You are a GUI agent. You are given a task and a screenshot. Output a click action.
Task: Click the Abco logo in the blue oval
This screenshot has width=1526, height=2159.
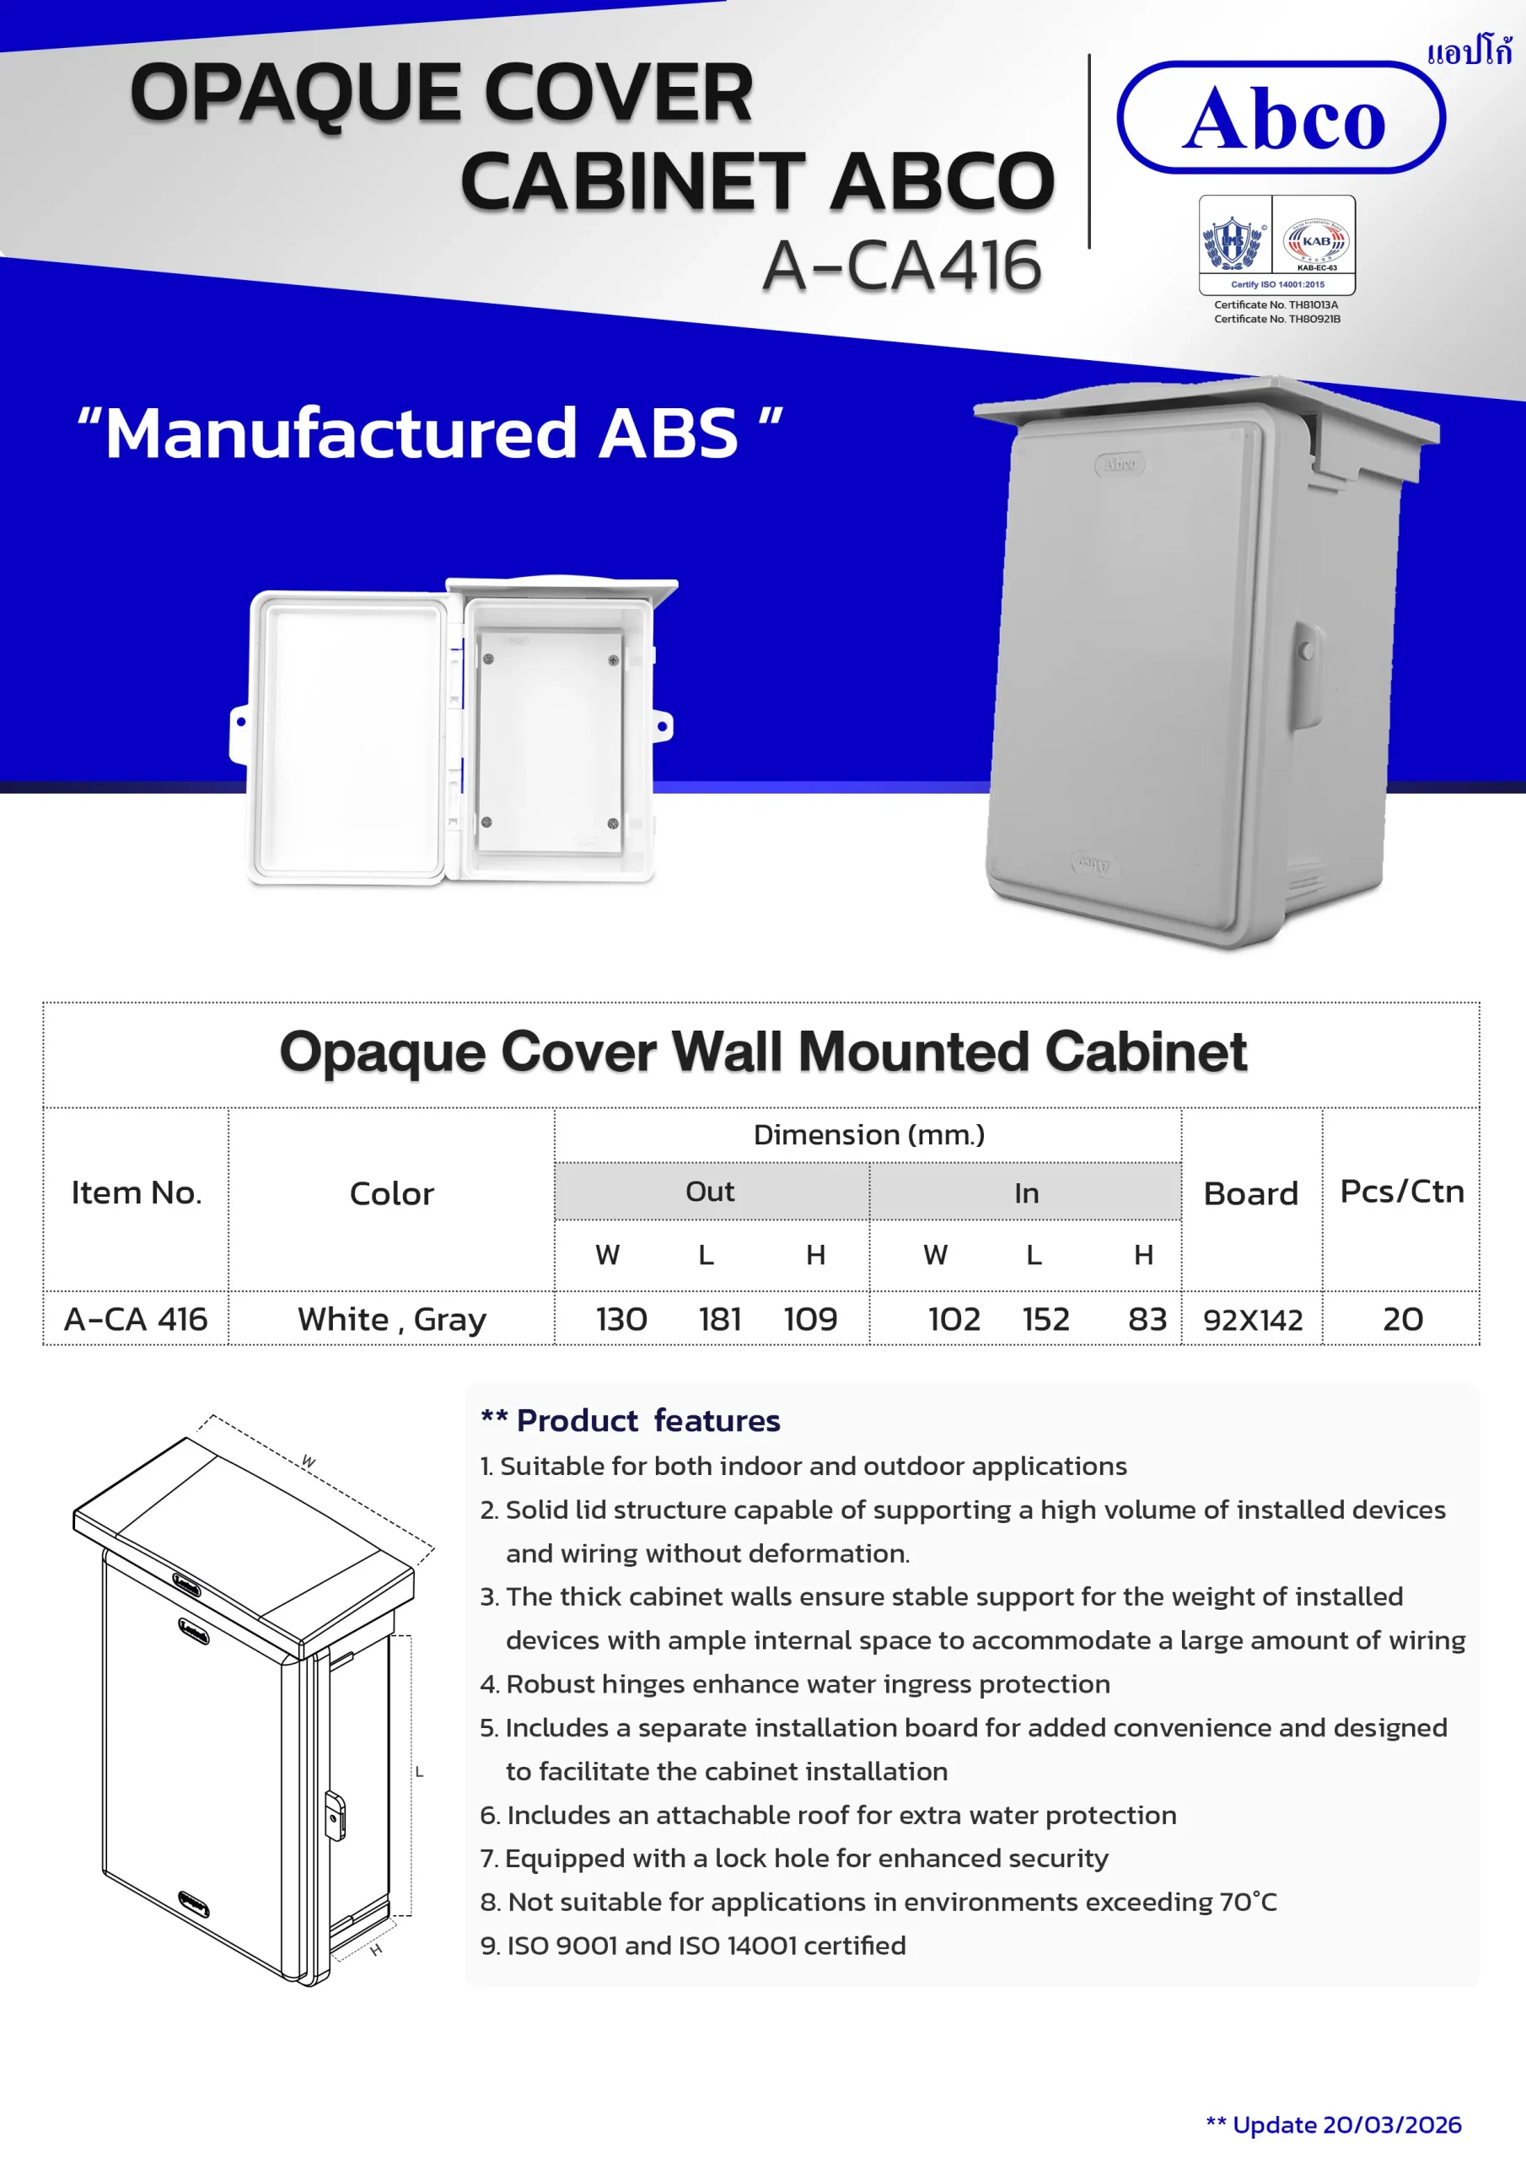click(1281, 118)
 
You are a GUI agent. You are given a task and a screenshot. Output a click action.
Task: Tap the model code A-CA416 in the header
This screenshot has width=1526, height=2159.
click(901, 267)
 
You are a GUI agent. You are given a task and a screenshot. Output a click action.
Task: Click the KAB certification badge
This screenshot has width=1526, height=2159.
click(1316, 243)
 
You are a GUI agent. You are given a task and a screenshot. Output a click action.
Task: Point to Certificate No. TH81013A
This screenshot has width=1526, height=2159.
click(1276, 304)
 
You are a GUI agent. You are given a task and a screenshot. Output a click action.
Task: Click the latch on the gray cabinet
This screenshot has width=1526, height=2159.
click(1306, 649)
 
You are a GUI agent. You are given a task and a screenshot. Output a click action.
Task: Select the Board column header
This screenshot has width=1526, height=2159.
click(1250, 1193)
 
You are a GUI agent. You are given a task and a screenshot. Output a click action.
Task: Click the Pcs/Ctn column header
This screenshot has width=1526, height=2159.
click(1401, 1192)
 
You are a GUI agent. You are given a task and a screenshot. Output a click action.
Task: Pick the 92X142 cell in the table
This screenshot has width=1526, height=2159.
click(1252, 1320)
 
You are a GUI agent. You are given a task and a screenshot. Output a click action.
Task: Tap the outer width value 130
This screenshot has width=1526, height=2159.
click(621, 1319)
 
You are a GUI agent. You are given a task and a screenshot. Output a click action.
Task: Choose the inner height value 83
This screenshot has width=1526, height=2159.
click(1147, 1319)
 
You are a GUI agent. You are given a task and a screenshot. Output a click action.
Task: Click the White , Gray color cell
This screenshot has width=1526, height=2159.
click(392, 1319)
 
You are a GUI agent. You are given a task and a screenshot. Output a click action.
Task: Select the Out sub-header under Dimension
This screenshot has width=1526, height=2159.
click(710, 1192)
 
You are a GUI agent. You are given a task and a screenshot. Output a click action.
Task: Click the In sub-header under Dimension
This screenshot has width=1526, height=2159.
click(1026, 1193)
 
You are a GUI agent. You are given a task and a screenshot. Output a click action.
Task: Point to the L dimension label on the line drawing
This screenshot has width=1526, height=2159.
click(419, 1772)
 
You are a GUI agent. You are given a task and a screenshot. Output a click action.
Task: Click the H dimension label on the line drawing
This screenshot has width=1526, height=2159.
click(376, 1950)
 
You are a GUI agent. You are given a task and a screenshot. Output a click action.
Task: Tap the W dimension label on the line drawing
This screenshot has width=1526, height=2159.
click(309, 1462)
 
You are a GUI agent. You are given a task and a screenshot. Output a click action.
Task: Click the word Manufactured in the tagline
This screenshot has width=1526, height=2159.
click(341, 433)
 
